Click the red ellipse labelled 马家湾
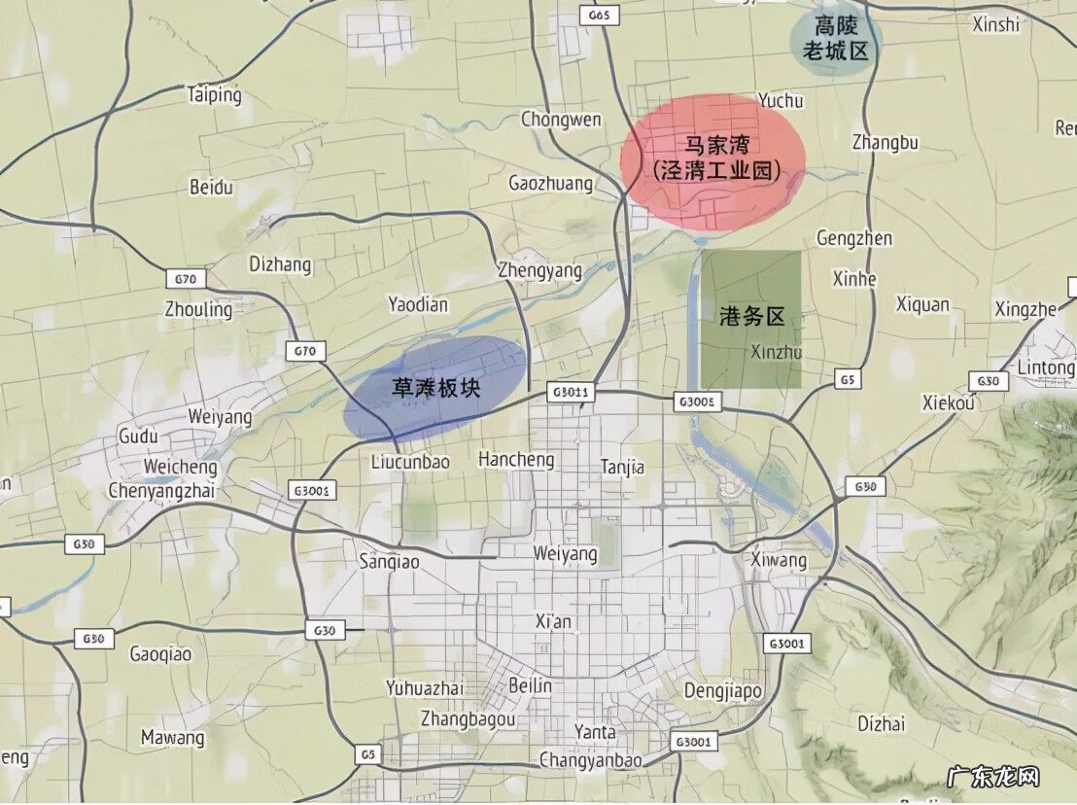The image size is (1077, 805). (714, 161)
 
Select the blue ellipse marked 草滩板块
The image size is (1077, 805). (436, 386)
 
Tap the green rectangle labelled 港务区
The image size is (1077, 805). (751, 319)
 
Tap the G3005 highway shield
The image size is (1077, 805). (697, 401)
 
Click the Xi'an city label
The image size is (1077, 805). (554, 621)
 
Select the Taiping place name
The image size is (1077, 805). (214, 95)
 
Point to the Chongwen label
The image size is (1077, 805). (561, 120)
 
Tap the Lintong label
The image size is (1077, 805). (1044, 368)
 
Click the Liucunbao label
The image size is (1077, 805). (410, 463)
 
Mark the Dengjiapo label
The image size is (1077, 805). (722, 690)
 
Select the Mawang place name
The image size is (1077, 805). (173, 738)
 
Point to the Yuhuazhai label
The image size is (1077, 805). (424, 688)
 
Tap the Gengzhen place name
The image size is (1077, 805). (853, 238)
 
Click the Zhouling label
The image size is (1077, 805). (198, 310)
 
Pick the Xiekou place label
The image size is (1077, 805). (949, 403)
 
